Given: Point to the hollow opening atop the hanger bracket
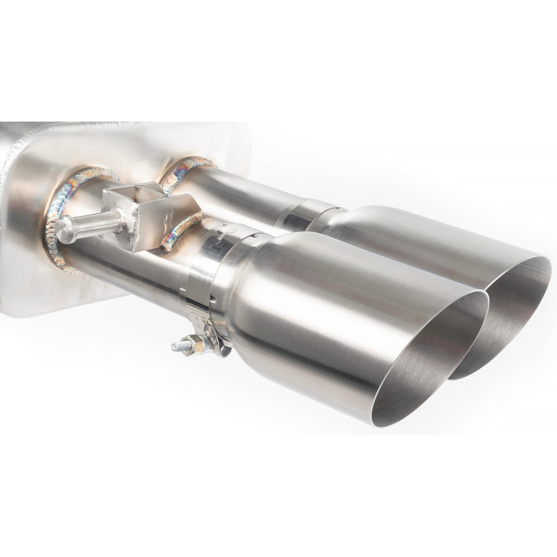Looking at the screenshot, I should tap(138, 189).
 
